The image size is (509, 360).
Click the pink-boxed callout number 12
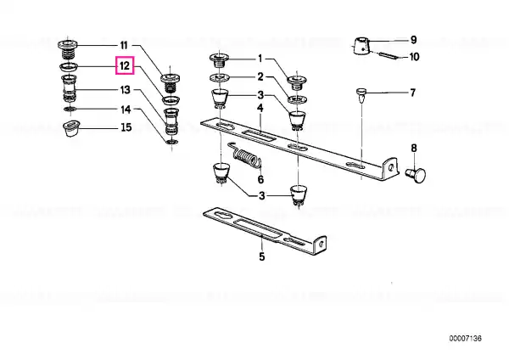tap(125, 65)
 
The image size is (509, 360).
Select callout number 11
tap(124, 45)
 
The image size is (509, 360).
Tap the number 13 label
tap(125, 90)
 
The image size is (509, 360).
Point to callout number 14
tap(126, 110)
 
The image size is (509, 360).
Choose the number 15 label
tap(126, 127)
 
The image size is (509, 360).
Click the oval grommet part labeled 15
tap(70, 128)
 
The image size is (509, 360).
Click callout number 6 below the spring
tap(260, 179)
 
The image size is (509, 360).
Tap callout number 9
tap(413, 40)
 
